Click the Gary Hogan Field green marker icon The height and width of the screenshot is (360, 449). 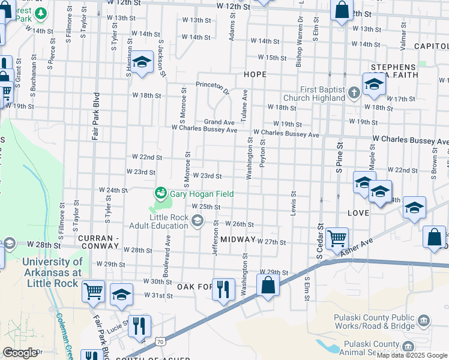160,193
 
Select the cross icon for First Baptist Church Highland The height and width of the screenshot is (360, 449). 354,92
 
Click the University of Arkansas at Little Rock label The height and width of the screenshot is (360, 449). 52,272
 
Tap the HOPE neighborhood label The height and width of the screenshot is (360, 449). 255,73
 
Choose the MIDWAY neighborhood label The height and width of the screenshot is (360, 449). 238,239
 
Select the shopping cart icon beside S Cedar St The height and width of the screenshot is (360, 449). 337,237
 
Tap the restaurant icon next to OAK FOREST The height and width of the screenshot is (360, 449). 223,290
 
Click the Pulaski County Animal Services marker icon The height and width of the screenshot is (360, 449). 408,346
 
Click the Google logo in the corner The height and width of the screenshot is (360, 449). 20,353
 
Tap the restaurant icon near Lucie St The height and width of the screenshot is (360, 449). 139,326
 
